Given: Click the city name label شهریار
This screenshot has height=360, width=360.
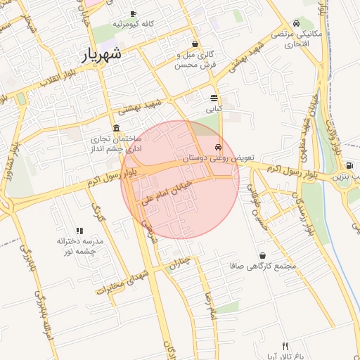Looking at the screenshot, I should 103,53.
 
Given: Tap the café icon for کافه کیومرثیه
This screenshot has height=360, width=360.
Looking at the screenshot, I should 133,14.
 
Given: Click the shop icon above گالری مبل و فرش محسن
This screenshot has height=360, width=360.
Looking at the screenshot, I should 195,44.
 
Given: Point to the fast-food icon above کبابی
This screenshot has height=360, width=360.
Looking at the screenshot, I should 213,98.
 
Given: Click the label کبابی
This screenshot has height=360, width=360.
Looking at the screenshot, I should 213,110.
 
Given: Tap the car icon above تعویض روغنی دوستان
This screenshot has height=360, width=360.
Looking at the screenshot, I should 219,148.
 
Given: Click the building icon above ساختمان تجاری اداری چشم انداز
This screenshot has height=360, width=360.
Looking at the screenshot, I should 115,128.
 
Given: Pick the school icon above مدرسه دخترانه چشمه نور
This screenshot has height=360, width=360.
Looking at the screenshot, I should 79,230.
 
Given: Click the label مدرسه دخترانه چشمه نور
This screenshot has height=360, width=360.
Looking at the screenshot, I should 80,245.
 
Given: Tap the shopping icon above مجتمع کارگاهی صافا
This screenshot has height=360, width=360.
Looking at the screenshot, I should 262,255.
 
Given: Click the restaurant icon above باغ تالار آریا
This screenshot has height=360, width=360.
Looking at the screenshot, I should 285,345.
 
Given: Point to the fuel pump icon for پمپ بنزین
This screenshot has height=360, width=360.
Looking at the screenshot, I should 350,165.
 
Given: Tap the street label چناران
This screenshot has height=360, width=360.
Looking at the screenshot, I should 180,264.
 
